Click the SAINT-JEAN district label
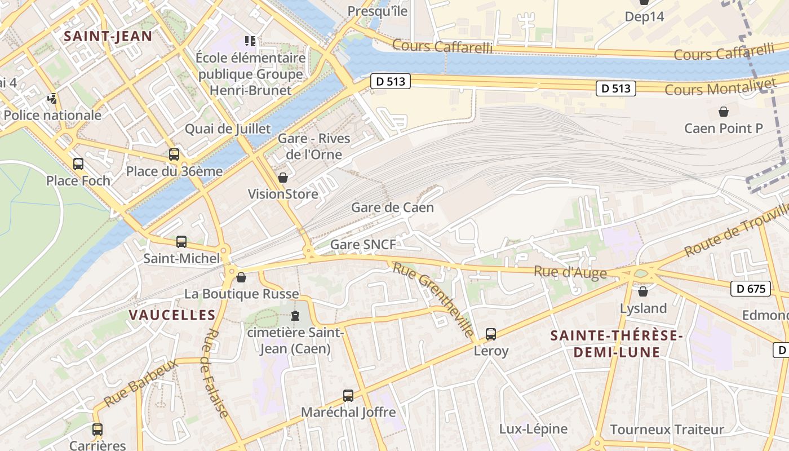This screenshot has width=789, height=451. point(108,37)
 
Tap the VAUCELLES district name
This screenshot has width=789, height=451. point(172,315)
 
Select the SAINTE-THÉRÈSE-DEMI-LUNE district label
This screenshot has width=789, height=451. point(616,344)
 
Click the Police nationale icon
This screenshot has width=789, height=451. point(52,99)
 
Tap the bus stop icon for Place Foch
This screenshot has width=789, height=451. point(78,164)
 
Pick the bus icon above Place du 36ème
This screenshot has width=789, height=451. point(174,154)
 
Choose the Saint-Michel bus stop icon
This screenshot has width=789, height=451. point(181,242)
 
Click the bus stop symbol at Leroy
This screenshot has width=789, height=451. point(491,334)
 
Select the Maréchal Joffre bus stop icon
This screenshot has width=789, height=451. point(348,396)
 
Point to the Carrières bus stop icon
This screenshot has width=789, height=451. point(97,430)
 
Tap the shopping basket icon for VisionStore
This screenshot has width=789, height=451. point(283,178)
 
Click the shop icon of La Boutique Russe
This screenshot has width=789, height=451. point(241,277)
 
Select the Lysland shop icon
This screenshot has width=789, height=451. point(643,291)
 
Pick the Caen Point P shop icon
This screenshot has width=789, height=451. point(724,112)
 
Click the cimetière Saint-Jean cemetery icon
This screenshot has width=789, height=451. point(295,316)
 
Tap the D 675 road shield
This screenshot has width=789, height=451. point(751,289)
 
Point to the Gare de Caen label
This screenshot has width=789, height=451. point(392,207)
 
